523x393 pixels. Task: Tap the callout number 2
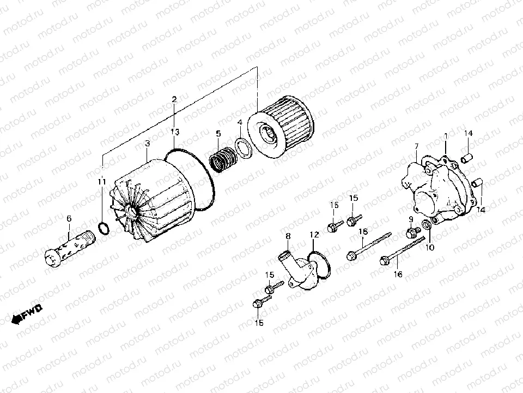174,99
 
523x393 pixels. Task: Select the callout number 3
147,144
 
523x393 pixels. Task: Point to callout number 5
218,133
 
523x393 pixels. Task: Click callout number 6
69,219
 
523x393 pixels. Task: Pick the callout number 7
416,146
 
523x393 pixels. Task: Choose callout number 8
288,236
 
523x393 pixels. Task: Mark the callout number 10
430,247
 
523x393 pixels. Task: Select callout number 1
446,135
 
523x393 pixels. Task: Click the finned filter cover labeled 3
155,191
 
